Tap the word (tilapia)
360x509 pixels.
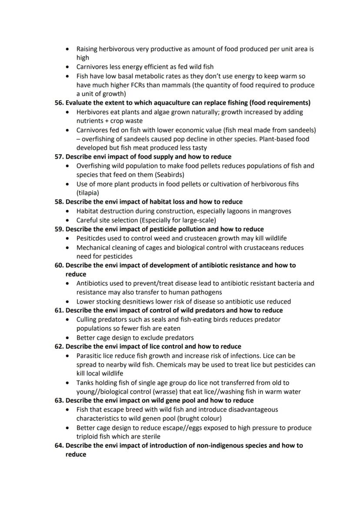tap(88, 193)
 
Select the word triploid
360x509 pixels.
tap(88, 436)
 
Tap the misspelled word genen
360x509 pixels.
tap(155, 419)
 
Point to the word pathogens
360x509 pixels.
tap(207, 293)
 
